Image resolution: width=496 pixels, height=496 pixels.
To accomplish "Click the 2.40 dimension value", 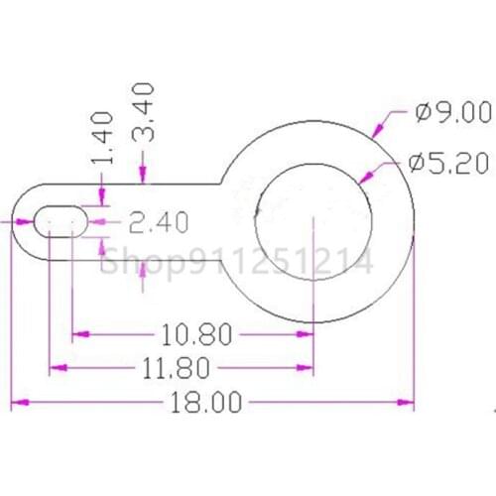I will point(159,223).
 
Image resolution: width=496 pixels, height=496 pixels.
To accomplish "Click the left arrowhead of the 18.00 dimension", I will point(17,403).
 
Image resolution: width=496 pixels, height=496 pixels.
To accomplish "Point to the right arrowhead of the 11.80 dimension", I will point(307,369).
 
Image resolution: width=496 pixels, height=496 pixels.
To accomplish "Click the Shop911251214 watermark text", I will point(238,262).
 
